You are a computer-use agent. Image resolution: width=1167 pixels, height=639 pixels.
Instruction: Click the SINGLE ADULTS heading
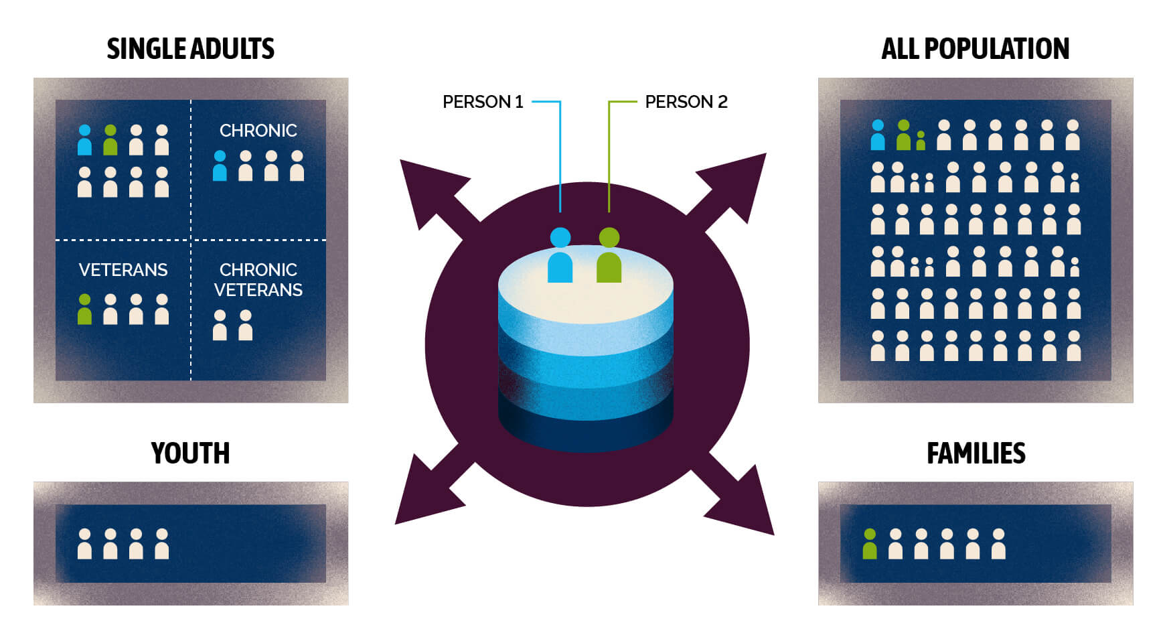pos(190,49)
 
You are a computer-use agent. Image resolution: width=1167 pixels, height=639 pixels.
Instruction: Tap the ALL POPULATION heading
pos(975,49)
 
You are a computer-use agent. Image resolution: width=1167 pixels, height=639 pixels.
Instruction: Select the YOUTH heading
pos(190,453)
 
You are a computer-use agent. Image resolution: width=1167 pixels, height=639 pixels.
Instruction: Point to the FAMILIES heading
pos(976,453)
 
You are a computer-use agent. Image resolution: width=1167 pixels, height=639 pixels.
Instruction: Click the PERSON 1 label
pos(483,102)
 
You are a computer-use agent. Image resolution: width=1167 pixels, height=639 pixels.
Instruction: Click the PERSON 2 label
pos(686,102)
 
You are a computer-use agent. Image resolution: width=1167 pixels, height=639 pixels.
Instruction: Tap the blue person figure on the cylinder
pos(560,256)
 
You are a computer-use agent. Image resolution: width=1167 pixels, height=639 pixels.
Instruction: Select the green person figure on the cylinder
pos(609,256)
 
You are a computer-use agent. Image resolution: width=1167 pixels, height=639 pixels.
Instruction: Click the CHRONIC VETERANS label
pos(258,279)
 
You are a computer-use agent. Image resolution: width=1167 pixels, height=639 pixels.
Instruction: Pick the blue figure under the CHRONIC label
pos(220,166)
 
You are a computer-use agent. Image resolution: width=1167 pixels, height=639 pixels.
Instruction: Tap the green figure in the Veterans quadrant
pos(84,309)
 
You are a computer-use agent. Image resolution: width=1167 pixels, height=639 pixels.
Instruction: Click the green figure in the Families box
pos(869,544)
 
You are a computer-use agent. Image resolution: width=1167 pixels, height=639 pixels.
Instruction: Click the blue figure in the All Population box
pos(877,135)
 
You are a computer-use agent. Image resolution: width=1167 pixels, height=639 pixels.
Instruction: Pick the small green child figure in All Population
pos(921,141)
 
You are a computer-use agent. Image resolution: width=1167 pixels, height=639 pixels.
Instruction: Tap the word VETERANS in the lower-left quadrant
pos(123,270)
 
